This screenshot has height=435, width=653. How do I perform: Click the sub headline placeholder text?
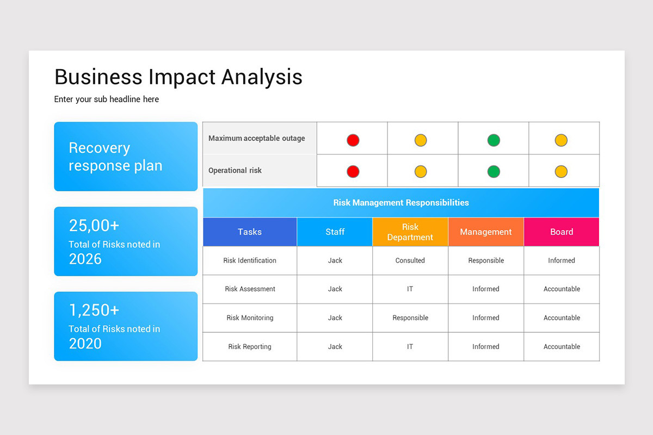[x=107, y=99]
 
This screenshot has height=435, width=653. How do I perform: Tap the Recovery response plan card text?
[x=115, y=157]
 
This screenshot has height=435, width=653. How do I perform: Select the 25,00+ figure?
[x=94, y=225]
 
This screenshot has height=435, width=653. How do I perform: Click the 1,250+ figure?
[x=94, y=310]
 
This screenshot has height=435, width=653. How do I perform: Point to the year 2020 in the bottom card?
[x=85, y=343]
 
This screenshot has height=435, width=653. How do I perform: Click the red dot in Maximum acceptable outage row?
[x=353, y=140]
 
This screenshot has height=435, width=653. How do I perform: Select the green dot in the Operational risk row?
[x=494, y=172]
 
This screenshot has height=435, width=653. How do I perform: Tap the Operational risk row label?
[x=235, y=170]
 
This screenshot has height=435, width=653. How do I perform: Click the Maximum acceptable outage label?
[x=256, y=138]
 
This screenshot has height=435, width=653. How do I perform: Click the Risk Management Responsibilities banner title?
[x=401, y=202]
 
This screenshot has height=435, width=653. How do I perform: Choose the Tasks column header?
[x=250, y=232]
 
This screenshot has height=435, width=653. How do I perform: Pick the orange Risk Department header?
[x=410, y=232]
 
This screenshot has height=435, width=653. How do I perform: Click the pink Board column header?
[x=562, y=232]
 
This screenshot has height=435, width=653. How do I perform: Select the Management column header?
[x=486, y=232]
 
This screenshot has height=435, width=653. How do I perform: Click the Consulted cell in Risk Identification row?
[x=410, y=260]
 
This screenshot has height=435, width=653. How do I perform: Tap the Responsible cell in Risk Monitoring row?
[x=410, y=318]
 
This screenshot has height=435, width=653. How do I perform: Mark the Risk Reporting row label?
[x=250, y=346]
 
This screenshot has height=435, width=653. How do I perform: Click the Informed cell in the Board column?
[x=562, y=260]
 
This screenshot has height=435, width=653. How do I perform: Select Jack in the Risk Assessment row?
[x=335, y=289]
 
